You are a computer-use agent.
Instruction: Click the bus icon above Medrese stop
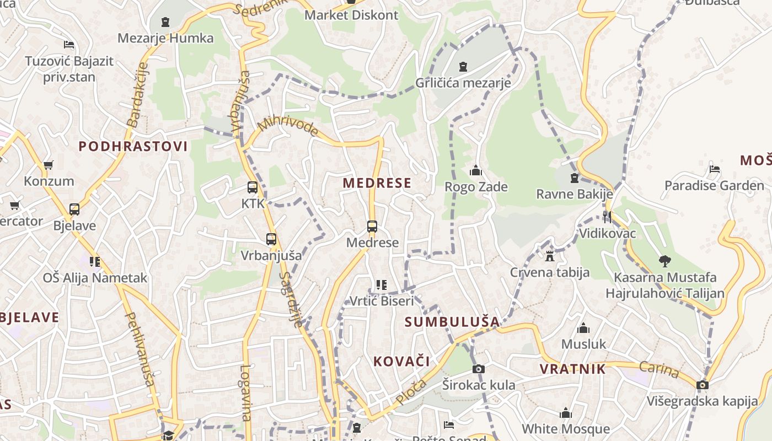click(372, 226)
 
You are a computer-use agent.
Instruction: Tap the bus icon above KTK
click(253, 187)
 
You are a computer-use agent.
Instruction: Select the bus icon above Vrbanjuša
click(271, 239)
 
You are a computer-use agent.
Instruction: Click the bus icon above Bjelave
click(74, 209)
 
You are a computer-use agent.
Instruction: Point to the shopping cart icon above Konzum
click(48, 165)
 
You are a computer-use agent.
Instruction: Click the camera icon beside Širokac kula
click(479, 369)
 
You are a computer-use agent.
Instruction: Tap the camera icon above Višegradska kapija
click(702, 385)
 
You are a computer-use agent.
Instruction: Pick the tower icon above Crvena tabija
click(549, 256)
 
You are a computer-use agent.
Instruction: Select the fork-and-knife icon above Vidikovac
click(607, 217)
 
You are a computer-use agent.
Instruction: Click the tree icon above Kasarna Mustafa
click(664, 261)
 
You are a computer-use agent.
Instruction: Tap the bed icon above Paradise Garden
click(715, 169)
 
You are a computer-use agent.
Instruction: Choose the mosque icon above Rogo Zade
click(476, 170)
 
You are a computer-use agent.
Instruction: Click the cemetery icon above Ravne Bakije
click(575, 178)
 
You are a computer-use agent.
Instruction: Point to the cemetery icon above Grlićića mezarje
click(463, 67)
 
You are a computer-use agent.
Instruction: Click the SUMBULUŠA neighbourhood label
click(452, 321)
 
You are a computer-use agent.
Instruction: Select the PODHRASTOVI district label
click(133, 146)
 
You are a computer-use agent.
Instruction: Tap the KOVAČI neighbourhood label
click(401, 362)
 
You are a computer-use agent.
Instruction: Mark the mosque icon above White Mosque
click(565, 413)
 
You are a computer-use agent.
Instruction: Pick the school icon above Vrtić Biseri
click(381, 285)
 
